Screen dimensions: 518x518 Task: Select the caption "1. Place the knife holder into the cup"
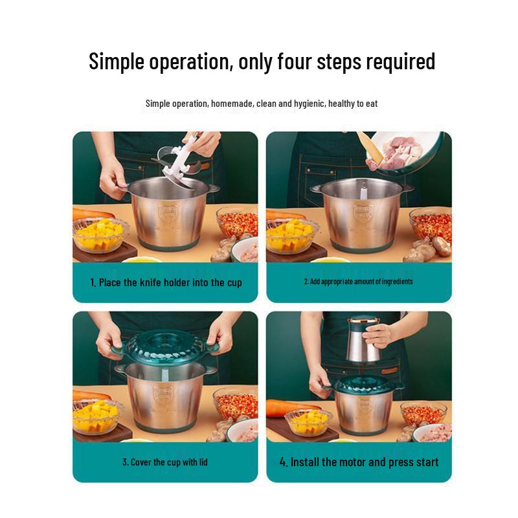click(x=166, y=282)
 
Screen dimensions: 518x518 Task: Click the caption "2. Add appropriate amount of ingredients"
click(x=358, y=282)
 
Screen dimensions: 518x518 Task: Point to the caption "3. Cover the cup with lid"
click(x=165, y=462)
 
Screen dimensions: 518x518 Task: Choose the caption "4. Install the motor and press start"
click(x=359, y=462)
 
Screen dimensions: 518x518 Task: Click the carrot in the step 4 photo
click(x=285, y=408)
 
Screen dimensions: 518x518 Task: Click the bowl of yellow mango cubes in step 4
click(x=308, y=421)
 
